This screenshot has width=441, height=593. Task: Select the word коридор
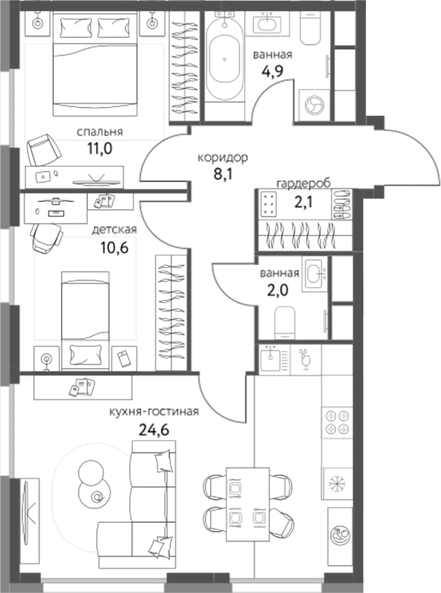coord(223,157)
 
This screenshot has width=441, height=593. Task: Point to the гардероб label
coord(303,183)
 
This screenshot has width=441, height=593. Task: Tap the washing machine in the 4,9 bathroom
coord(315,106)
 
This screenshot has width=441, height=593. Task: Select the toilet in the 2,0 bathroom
coord(285,322)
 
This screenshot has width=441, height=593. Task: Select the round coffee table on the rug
coord(89,472)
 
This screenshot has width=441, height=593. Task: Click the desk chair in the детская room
coord(46,239)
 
